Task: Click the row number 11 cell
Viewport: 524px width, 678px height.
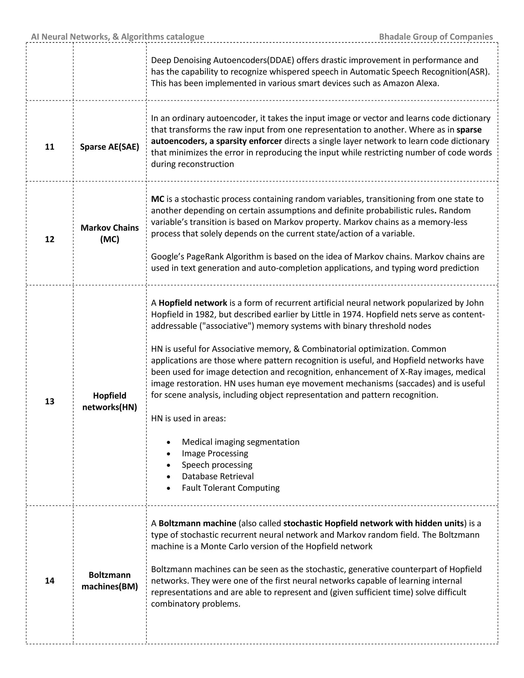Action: (x=50, y=147)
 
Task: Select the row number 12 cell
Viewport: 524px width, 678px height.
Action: (x=50, y=239)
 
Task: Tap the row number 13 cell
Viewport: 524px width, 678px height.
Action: (x=50, y=401)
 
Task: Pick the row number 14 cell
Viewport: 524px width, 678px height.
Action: (x=50, y=581)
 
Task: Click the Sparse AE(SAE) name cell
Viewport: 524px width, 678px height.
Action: (x=110, y=147)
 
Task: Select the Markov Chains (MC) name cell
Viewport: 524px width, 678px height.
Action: (x=110, y=233)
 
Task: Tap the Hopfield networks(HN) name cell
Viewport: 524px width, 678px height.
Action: (x=110, y=401)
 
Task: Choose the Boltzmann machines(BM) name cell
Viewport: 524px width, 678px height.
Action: (x=110, y=581)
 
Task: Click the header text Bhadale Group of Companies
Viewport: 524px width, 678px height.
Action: (x=436, y=37)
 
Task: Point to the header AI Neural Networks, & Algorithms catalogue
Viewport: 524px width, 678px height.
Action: (x=118, y=37)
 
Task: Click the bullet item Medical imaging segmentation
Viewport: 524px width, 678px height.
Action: (x=241, y=442)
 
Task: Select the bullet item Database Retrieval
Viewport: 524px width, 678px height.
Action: (x=218, y=476)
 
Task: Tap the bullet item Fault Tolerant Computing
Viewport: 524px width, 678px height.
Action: (x=231, y=488)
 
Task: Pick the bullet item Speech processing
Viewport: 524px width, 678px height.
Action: (x=217, y=465)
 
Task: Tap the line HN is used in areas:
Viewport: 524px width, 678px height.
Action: (x=188, y=419)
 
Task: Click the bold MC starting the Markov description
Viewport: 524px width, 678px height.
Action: (x=157, y=199)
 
